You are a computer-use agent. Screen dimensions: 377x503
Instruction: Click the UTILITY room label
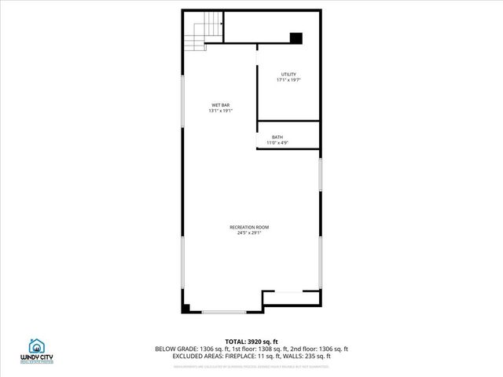tap(288, 75)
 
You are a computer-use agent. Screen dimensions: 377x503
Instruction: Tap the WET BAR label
tap(221, 105)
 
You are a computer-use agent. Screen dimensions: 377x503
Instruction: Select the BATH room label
tap(277, 137)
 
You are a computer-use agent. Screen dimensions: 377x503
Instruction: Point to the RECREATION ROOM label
tap(249, 227)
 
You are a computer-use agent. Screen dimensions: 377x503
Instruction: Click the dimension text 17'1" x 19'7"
tap(288, 80)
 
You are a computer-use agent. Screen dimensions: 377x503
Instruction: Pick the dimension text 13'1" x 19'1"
tap(221, 111)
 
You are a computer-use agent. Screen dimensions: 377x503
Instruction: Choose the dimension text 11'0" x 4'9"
tap(277, 143)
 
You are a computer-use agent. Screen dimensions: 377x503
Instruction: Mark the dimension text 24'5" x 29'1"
tap(249, 232)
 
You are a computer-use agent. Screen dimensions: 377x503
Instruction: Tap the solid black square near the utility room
tap(296, 38)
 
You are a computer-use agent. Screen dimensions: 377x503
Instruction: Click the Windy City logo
tap(37, 350)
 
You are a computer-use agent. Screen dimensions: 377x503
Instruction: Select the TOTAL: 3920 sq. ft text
tap(251, 342)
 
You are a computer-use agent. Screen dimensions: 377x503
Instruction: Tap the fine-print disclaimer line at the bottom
tap(251, 365)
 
